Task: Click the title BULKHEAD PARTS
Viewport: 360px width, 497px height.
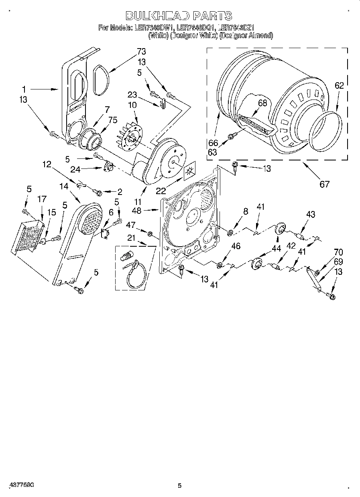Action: pos(179,16)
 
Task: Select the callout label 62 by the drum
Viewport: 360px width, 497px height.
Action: pos(339,85)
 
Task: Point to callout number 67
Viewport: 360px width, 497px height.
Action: pos(324,184)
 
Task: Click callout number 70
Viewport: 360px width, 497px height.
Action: pos(338,252)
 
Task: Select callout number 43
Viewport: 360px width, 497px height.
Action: pos(310,215)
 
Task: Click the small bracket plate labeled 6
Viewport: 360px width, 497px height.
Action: pos(106,233)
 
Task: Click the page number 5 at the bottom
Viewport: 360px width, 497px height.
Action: pos(179,485)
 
